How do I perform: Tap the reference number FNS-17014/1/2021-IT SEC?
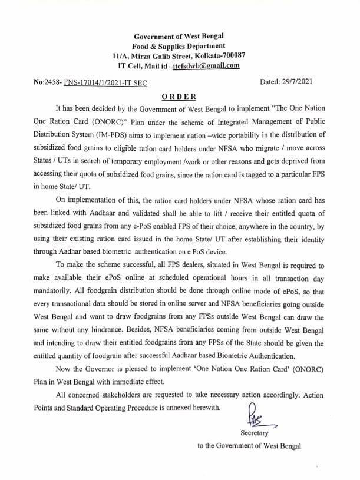click(x=98, y=84)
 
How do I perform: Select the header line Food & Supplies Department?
click(x=180, y=46)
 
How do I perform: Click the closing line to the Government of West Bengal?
click(x=249, y=445)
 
